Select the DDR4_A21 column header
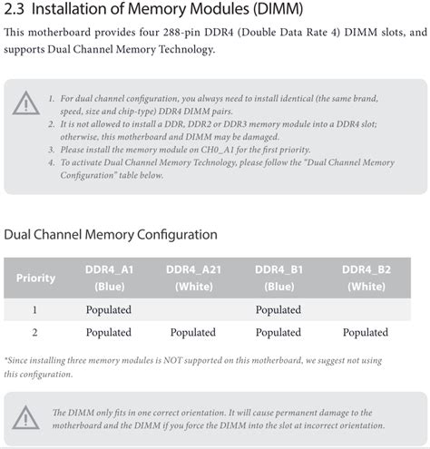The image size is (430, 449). tap(193, 269)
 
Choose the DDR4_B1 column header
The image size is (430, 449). tap(279, 269)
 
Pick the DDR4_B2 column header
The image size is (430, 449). tap(366, 269)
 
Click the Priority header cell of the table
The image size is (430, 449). tap(35, 278)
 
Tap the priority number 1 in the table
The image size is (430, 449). tap(34, 310)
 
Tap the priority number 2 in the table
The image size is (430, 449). tap(34, 333)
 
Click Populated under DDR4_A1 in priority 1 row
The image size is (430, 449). tap(109, 310)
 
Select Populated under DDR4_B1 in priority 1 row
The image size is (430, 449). tap(279, 310)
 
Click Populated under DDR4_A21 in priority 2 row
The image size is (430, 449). tap(193, 333)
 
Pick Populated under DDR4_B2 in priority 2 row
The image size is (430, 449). tap(366, 333)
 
